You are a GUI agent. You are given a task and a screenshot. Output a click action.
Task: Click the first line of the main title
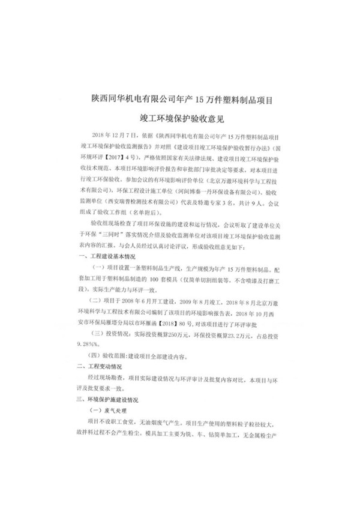click(x=180, y=95)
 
